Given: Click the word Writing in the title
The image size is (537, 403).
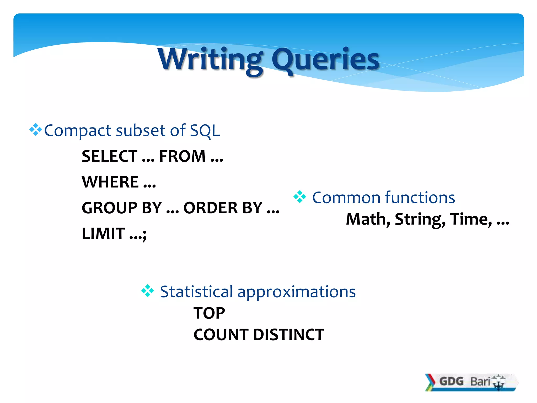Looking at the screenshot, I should click(210, 60).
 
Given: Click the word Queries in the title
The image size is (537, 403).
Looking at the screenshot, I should click(325, 60).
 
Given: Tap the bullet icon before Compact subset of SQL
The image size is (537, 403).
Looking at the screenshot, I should click(35, 130).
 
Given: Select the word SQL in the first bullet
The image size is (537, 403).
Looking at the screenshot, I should click(205, 130).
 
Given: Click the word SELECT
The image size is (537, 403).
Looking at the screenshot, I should click(110, 156).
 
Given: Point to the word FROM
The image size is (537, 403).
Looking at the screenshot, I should click(182, 156).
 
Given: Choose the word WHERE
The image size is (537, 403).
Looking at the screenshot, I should click(110, 182).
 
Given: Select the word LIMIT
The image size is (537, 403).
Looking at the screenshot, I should click(103, 234).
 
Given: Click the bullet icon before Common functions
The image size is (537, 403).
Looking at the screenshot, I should click(300, 197).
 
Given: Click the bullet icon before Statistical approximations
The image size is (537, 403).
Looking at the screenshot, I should click(148, 291).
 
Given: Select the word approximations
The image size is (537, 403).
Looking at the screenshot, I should click(296, 292).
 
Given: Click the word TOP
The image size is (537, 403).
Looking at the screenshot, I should click(209, 313).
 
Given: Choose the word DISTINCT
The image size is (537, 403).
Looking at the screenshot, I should click(288, 335).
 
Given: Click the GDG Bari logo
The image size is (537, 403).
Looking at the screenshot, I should click(471, 382).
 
